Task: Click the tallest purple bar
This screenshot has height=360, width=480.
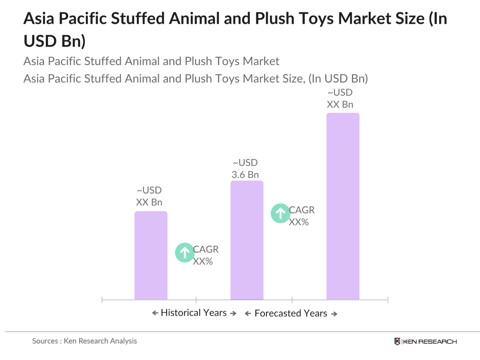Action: click(x=342, y=206)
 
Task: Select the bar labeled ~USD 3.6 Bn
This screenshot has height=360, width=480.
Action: click(x=247, y=240)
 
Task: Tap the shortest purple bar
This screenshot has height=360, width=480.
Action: click(x=151, y=255)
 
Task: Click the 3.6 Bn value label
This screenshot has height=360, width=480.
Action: click(x=245, y=174)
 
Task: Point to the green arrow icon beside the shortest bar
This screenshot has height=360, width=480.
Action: click(x=184, y=252)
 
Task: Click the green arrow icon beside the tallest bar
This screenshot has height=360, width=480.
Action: click(x=280, y=213)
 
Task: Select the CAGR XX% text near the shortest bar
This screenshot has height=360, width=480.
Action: click(x=205, y=255)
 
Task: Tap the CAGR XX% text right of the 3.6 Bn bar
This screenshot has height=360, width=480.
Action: click(x=301, y=216)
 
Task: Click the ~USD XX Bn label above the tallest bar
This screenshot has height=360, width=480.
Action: click(x=340, y=98)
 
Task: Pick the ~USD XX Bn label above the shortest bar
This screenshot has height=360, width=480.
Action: click(x=149, y=196)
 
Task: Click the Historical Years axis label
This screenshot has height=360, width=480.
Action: click(x=194, y=313)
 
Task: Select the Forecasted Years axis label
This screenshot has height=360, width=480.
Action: click(x=290, y=313)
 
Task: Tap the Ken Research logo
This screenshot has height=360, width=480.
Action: click(x=425, y=342)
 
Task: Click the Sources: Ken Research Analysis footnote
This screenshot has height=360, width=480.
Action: click(x=84, y=341)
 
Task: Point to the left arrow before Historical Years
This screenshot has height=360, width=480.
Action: click(x=155, y=313)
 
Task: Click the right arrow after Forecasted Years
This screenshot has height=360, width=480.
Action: click(x=334, y=314)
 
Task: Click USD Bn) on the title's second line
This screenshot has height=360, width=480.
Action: click(x=54, y=41)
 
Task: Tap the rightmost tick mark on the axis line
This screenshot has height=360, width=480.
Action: click(x=387, y=300)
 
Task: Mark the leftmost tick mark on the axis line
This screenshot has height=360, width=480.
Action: click(x=102, y=300)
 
